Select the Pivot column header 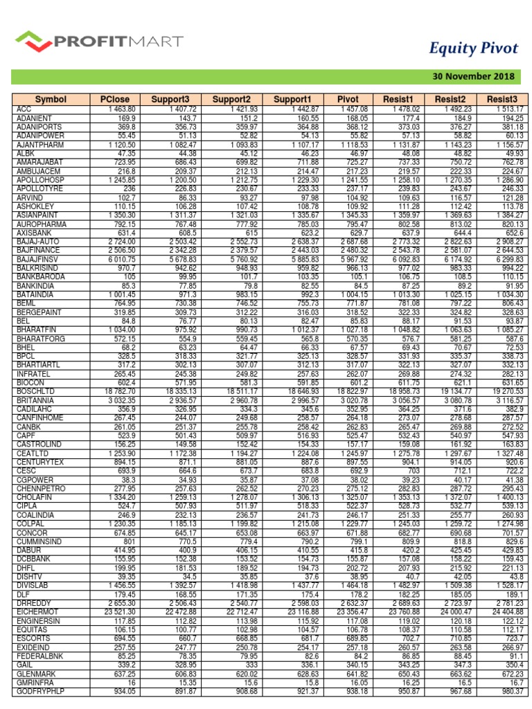347,100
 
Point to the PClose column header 109,100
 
